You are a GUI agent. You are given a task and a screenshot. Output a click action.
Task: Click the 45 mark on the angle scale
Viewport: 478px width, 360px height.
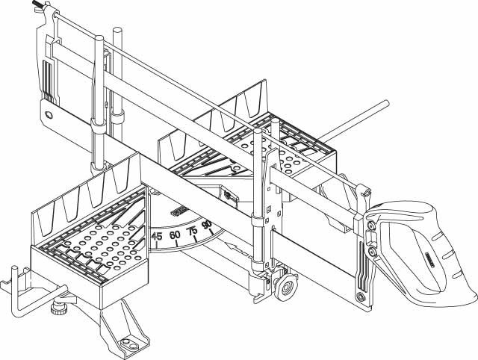(x=158, y=237)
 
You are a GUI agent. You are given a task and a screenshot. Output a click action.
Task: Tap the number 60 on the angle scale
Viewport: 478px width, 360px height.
(x=176, y=235)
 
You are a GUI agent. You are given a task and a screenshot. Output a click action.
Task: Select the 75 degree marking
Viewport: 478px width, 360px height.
(x=192, y=231)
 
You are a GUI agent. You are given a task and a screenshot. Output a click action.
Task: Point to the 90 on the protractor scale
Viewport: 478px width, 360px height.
(x=207, y=224)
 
